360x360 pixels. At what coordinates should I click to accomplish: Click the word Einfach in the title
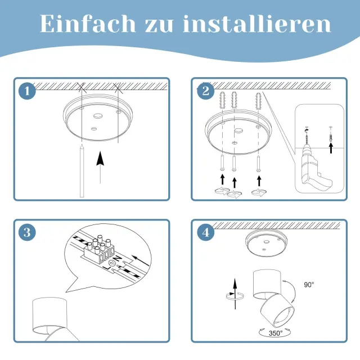pyautogui.click(x=88, y=24)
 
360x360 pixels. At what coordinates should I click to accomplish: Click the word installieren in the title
pyautogui.click(x=257, y=24)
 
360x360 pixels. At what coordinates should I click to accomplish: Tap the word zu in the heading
pyautogui.click(x=159, y=26)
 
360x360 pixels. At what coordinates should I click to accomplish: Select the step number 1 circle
pyautogui.click(x=27, y=91)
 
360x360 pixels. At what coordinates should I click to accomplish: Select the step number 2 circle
pyautogui.click(x=206, y=91)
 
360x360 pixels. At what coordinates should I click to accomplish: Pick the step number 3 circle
pyautogui.click(x=27, y=232)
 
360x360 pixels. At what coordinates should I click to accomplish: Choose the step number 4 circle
pyautogui.click(x=206, y=232)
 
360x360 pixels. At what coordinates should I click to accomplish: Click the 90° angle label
pyautogui.click(x=309, y=285)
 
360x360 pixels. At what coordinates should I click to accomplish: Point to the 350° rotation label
pyautogui.click(x=276, y=333)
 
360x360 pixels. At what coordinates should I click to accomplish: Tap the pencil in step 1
pyautogui.click(x=82, y=171)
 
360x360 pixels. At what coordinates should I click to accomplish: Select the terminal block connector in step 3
pyautogui.click(x=99, y=251)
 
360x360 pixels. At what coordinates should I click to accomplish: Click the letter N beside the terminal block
pyautogui.click(x=118, y=259)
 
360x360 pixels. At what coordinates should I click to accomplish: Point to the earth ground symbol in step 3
pyautogui.click(x=112, y=263)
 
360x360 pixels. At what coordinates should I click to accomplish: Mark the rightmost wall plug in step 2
pyautogui.click(x=259, y=101)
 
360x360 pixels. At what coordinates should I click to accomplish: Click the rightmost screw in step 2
pyautogui.click(x=259, y=164)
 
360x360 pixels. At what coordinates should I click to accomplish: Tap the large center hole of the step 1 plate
pyautogui.click(x=98, y=116)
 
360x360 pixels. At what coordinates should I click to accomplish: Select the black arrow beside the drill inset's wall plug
pyautogui.click(x=331, y=147)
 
